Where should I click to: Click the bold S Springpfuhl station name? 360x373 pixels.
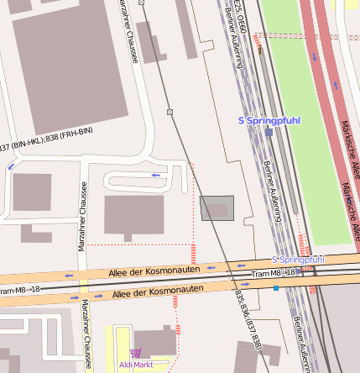click(269, 121)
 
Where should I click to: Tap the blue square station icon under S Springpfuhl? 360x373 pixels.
click(269, 132)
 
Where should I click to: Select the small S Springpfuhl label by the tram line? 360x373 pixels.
click(298, 260)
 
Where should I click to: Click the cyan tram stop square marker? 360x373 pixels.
click(276, 288)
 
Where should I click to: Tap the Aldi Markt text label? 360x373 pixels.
click(136, 365)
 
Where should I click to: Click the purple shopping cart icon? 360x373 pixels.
click(136, 354)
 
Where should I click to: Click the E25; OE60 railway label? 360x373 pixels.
click(238, 17)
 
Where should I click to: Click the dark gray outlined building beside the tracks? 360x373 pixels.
click(217, 208)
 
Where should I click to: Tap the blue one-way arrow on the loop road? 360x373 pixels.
click(155, 175)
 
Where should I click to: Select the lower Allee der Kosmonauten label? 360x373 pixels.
click(158, 291)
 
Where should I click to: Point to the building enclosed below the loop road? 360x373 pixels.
click(133, 216)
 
